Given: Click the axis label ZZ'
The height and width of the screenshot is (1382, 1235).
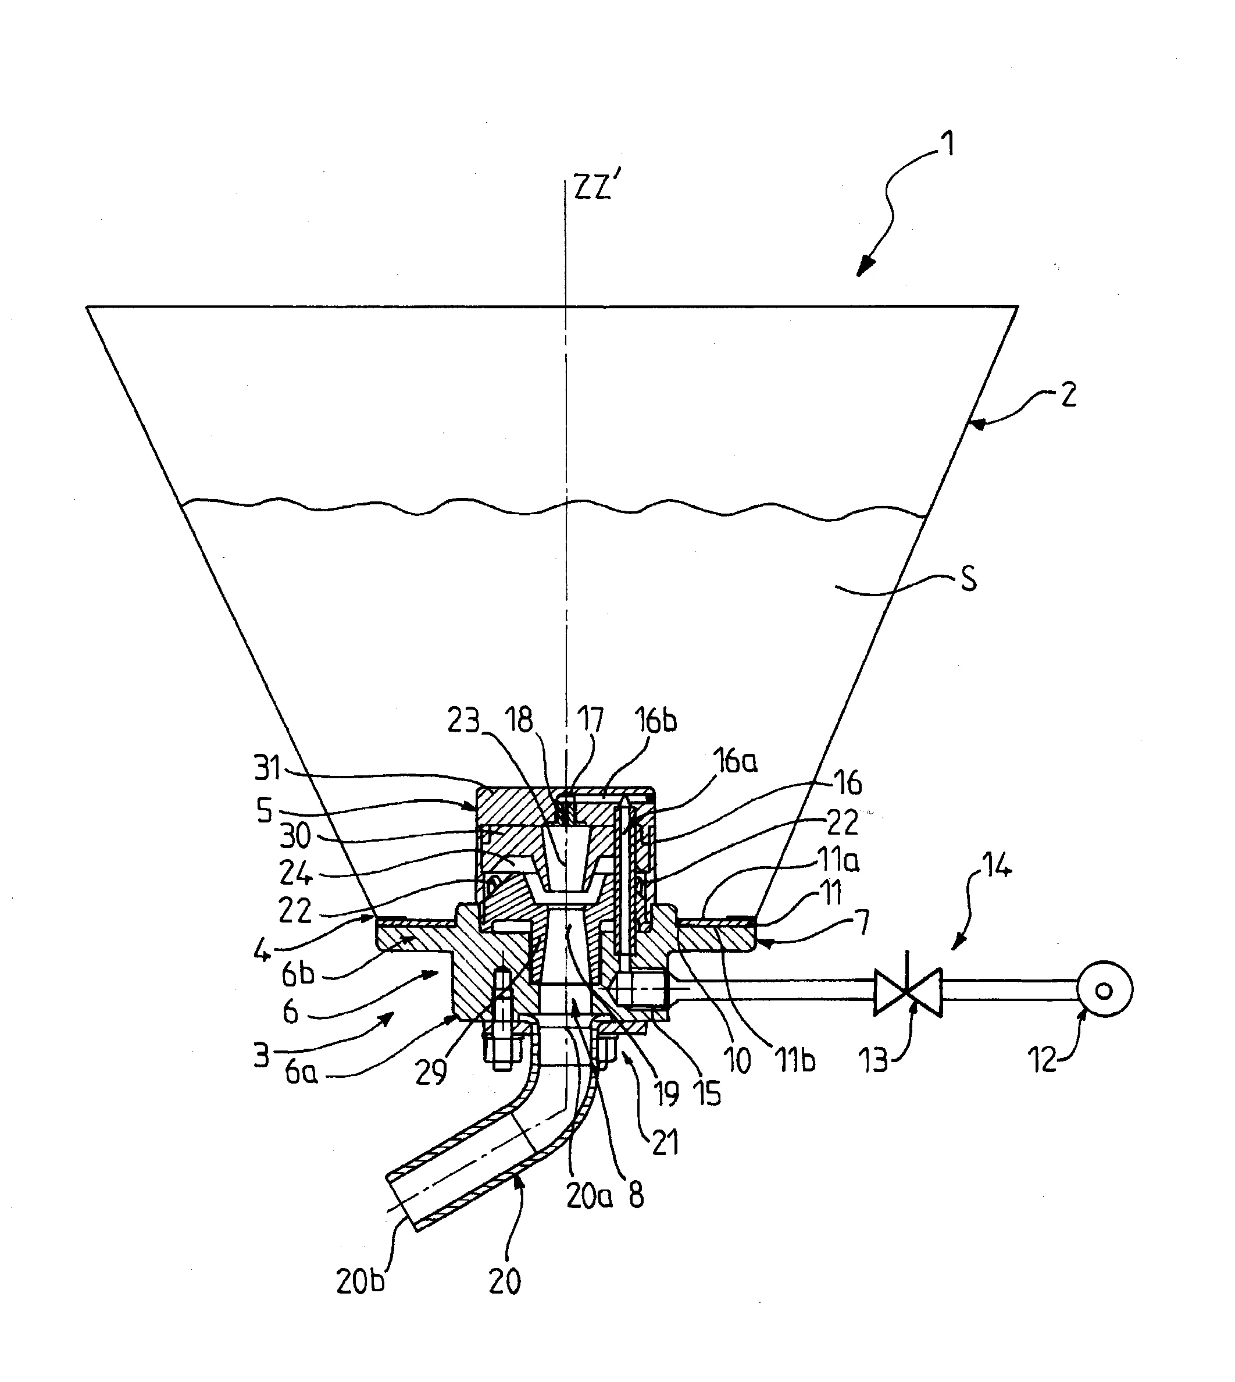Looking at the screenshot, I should point(594,187).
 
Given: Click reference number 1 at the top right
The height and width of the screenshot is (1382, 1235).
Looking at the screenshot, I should point(950,144).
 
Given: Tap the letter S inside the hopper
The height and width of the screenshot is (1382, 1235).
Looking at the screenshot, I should point(969,580).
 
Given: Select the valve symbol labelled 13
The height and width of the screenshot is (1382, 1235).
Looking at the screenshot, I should point(908,992).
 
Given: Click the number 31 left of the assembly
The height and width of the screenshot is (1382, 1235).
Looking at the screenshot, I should point(267,768).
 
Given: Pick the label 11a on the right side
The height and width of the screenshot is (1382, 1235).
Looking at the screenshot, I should point(837,861).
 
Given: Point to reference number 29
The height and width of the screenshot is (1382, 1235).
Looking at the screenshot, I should point(431,1073).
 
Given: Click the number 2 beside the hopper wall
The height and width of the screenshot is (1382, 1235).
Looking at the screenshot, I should point(1068,396).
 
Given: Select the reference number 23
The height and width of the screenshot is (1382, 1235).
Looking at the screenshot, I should point(463,721).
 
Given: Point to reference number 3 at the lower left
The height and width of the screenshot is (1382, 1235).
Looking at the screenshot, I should point(262,1056).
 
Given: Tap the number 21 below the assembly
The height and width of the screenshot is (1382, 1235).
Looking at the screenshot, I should point(665,1142).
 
